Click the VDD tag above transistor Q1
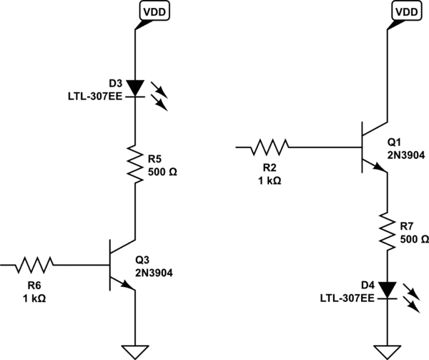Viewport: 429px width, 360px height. [405, 11]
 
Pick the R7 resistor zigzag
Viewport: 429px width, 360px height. [387, 230]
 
